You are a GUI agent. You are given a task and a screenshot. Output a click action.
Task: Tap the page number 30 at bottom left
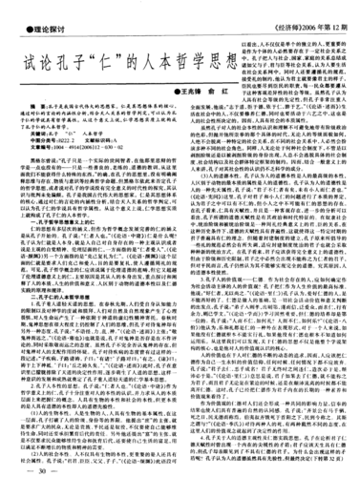pyautogui.click(x=42, y=467)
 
